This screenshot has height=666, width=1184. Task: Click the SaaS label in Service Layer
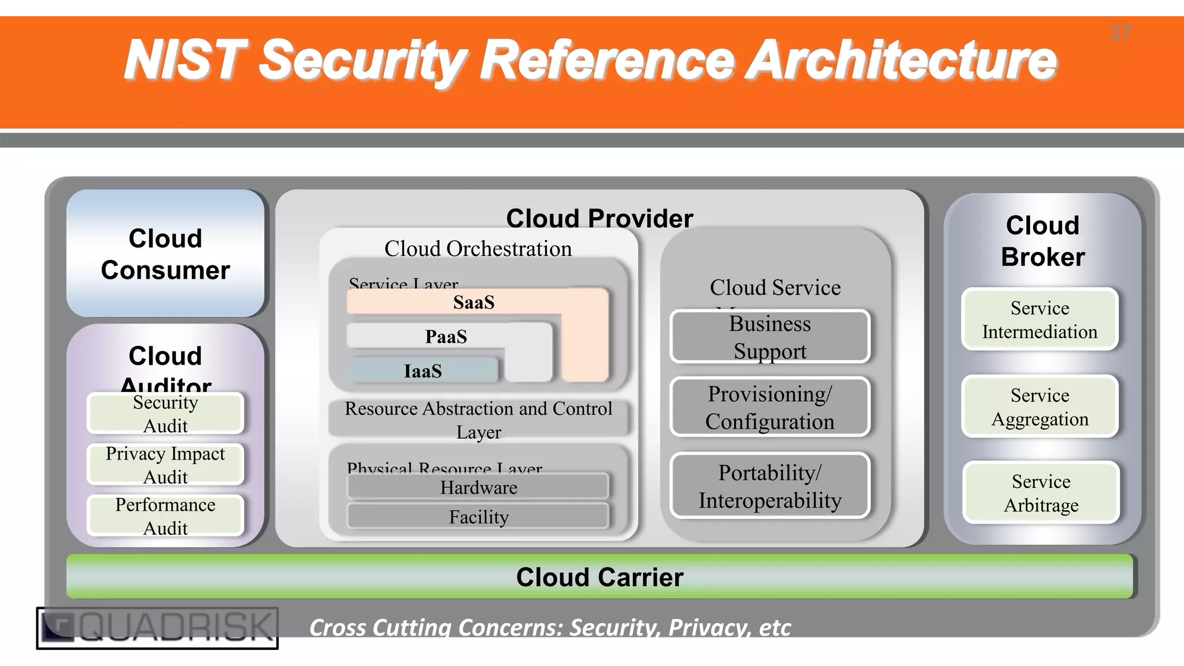(473, 302)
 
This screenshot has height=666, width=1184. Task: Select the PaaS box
(446, 336)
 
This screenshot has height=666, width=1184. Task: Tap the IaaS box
(423, 371)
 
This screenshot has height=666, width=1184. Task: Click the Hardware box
(478, 487)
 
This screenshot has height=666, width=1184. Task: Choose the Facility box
(478, 516)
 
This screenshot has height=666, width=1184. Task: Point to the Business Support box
(769, 337)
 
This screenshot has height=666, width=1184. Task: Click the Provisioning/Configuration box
(769, 407)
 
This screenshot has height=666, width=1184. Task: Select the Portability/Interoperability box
(769, 486)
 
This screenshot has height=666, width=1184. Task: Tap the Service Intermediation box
(1039, 320)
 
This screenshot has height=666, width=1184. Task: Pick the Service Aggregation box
(1039, 406)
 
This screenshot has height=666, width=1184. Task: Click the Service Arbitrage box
(1041, 493)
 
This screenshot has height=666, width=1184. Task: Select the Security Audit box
(165, 414)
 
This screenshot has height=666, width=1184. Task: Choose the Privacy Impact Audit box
(165, 465)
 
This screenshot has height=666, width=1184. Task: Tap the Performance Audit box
(165, 516)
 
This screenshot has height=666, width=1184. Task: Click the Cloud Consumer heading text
(165, 254)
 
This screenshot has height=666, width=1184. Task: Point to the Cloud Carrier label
(600, 577)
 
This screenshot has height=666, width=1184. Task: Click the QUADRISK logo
(157, 628)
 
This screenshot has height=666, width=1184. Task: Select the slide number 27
(1120, 34)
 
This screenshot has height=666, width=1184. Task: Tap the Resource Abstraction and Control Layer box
(478, 420)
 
